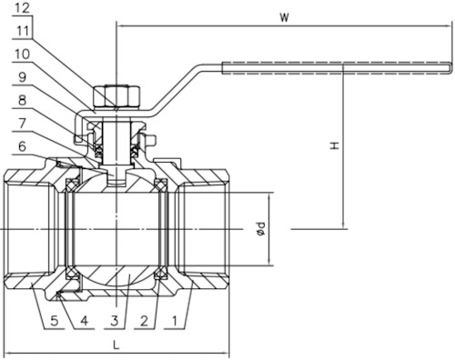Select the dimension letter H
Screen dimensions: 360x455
click(x=334, y=145)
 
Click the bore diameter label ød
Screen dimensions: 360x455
click(x=261, y=230)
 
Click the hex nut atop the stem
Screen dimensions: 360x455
click(x=117, y=94)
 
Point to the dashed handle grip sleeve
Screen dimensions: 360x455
click(x=337, y=65)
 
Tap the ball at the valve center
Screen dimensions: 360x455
click(x=117, y=232)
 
